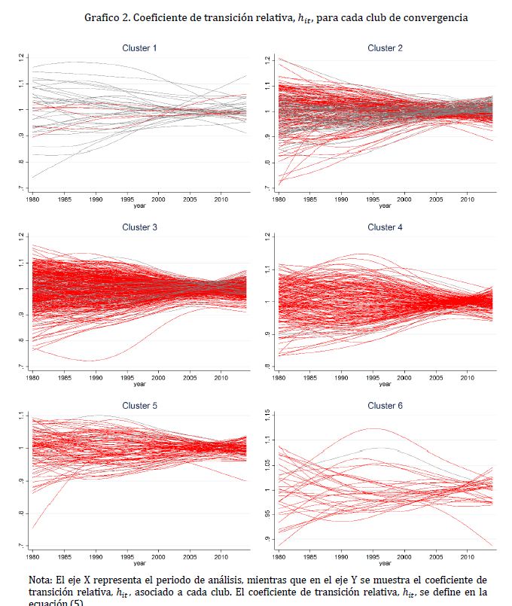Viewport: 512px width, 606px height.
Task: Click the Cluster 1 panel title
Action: pos(139,48)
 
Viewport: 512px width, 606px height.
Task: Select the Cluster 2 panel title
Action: pos(385,48)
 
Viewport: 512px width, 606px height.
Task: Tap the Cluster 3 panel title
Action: pos(139,227)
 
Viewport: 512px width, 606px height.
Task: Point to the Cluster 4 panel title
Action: pos(385,227)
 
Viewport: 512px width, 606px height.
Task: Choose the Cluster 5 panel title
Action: pos(139,406)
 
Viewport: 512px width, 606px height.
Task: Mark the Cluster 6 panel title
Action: pos(385,406)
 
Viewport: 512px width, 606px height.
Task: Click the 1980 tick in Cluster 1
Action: pos(33,199)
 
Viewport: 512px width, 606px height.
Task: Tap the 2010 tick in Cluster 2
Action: pos(468,199)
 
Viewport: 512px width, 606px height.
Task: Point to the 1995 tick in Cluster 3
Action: pos(127,378)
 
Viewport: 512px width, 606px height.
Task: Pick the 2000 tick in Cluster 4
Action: pos(404,378)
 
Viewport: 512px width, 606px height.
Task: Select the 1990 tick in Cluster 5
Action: pos(96,557)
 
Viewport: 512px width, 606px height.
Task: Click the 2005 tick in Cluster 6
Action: pos(436,557)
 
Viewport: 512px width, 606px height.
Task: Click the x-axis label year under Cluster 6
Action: pos(385,563)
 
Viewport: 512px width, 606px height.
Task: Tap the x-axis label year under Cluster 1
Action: pos(139,206)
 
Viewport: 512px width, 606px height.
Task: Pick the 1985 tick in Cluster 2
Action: pos(310,199)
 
